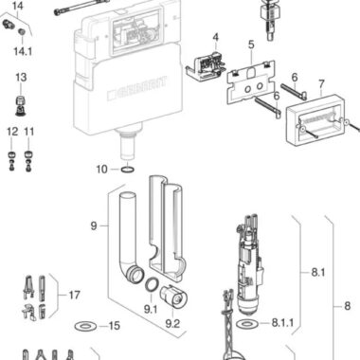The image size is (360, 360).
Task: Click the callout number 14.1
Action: pyautogui.click(x=23, y=51)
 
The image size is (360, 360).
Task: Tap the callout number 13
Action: pyautogui.click(x=21, y=78)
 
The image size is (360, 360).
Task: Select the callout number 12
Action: pyautogui.click(x=12, y=132)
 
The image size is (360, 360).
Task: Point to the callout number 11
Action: pyautogui.click(x=28, y=132)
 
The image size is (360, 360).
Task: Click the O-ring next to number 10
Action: pyautogui.click(x=127, y=170)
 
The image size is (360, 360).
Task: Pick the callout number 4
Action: pyautogui.click(x=215, y=37)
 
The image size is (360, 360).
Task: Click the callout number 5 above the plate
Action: pyautogui.click(x=251, y=45)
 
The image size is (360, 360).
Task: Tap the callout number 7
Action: pyautogui.click(x=321, y=84)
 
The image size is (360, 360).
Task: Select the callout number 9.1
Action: pyautogui.click(x=151, y=309)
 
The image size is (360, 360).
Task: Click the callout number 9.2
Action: pyautogui.click(x=172, y=324)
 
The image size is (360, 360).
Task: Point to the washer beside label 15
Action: pyautogui.click(x=84, y=326)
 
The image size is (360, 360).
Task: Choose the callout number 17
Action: pyautogui.click(x=74, y=296)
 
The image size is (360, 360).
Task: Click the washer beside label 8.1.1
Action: pyautogui.click(x=246, y=323)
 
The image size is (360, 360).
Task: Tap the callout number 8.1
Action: pyautogui.click(x=317, y=272)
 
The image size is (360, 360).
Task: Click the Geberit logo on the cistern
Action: pyautogui.click(x=136, y=88)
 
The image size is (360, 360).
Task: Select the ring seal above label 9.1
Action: pyautogui.click(x=152, y=284)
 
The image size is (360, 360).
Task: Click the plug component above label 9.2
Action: pyautogui.click(x=174, y=296)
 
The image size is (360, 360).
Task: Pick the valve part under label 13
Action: pyautogui.click(x=21, y=106)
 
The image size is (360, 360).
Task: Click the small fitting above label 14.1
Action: pyautogui.click(x=22, y=31)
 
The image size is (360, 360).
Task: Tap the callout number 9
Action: pyautogui.click(x=94, y=226)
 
